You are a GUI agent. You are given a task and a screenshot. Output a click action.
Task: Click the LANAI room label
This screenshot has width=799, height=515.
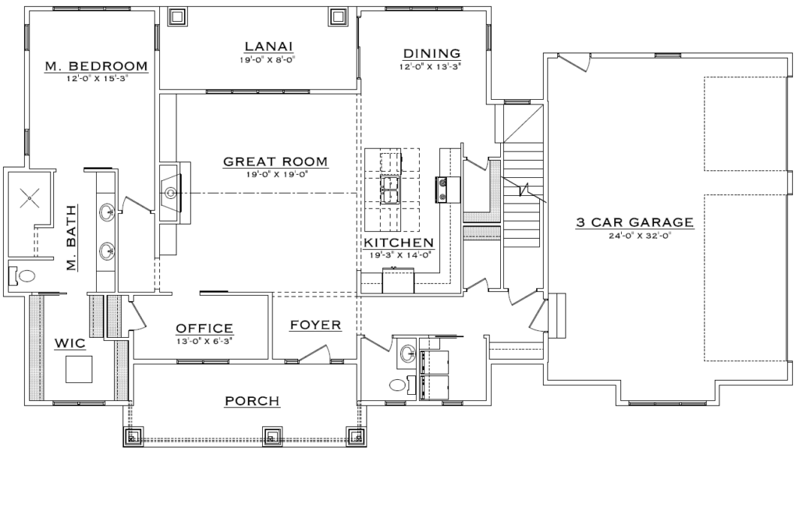tap(268, 46)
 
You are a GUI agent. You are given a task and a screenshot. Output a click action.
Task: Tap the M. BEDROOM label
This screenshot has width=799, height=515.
tap(96, 66)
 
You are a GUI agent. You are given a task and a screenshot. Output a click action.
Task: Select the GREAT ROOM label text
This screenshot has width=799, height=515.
tap(275, 162)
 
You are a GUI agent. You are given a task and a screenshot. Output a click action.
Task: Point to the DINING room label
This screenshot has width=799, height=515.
tap(431, 53)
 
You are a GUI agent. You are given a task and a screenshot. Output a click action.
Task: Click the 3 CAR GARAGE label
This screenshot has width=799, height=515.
tap(635, 222)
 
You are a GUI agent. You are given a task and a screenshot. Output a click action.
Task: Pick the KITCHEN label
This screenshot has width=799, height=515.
tap(399, 243)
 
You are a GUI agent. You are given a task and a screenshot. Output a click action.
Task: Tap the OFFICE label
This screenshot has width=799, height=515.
tap(204, 329)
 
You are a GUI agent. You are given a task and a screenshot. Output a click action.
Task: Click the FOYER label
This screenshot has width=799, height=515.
tap(315, 325)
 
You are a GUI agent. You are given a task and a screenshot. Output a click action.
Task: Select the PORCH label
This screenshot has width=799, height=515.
tap(252, 401)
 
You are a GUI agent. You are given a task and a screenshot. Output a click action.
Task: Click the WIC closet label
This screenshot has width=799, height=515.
tap(70, 343)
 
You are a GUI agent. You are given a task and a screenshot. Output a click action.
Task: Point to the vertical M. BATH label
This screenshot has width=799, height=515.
tap(71, 237)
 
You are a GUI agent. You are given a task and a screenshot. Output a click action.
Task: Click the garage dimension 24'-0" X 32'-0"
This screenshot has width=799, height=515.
tap(635, 236)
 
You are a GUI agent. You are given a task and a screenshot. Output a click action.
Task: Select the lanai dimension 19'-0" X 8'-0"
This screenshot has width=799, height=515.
tap(268, 59)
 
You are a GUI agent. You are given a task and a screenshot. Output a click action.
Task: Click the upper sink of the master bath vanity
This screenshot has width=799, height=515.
tap(107, 211)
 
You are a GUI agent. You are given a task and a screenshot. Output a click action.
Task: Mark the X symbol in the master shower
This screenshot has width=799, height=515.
tap(30, 197)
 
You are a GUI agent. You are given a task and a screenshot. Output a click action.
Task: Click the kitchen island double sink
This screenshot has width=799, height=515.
tap(390, 190)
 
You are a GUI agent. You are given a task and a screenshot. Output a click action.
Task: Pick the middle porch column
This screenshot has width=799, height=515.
tap(272, 436)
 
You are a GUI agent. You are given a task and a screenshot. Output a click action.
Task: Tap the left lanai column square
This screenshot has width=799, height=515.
tap(177, 17)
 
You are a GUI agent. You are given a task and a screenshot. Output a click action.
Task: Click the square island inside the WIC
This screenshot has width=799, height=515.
tap(79, 369)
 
